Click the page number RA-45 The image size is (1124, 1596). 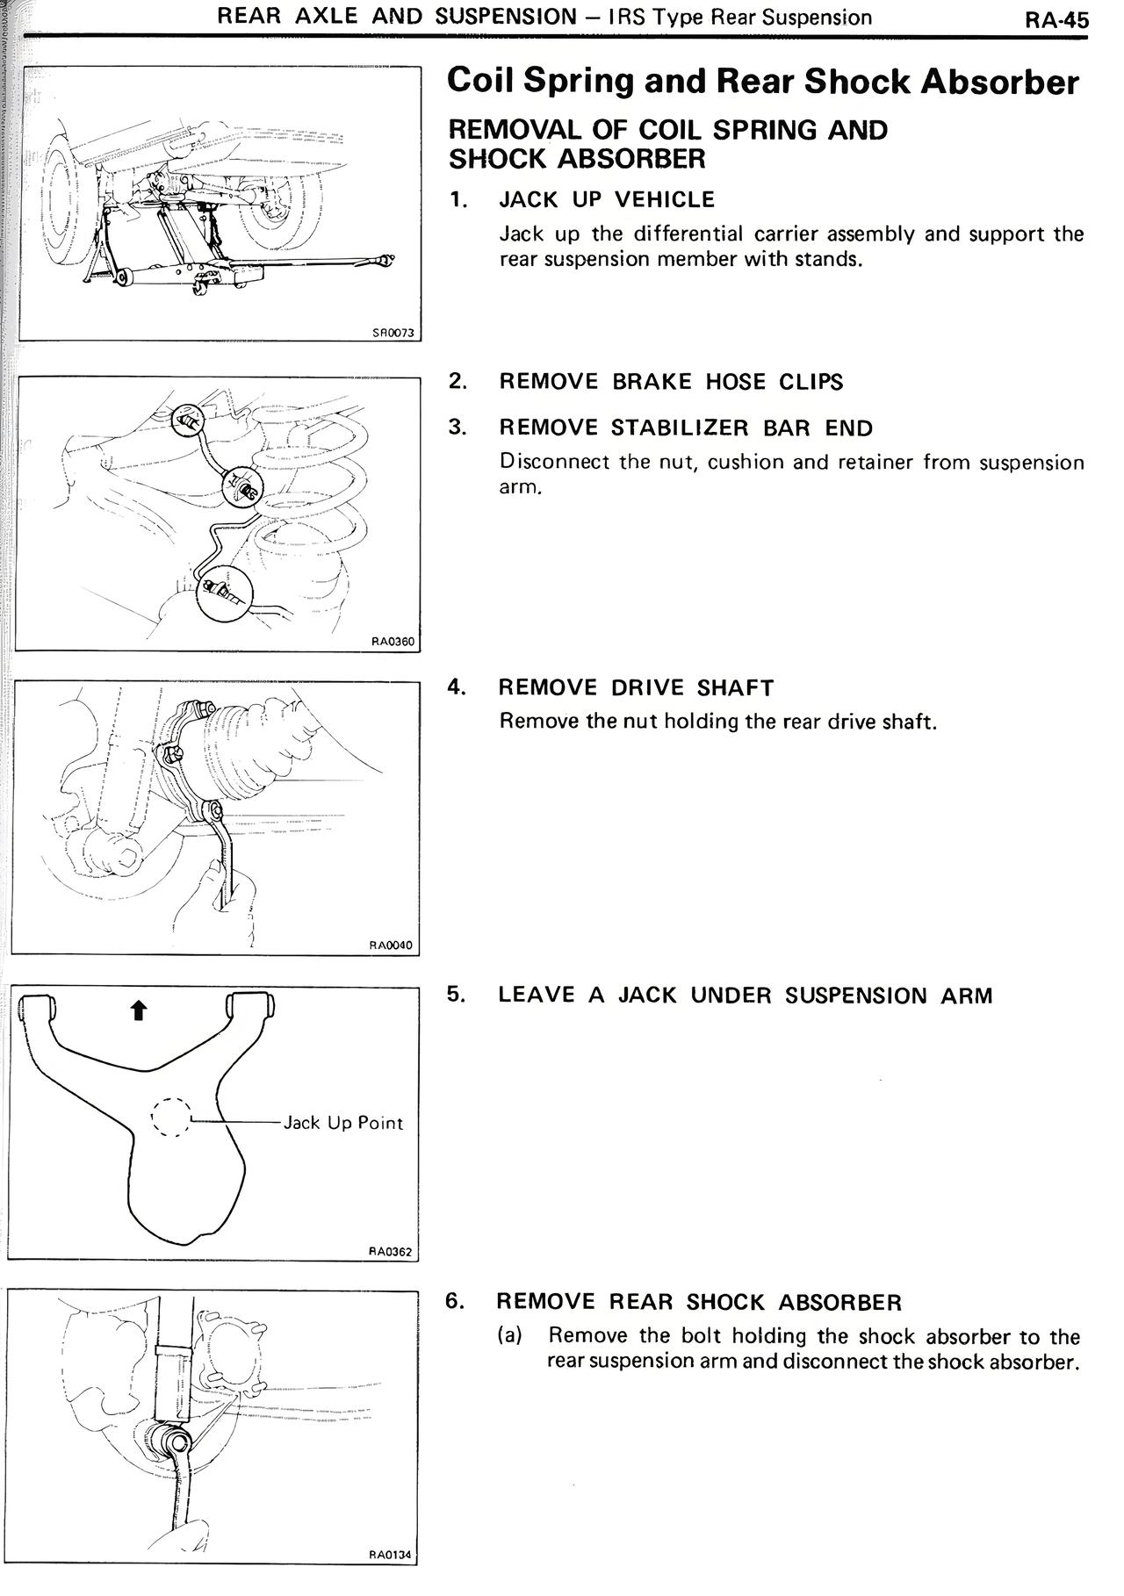(1056, 19)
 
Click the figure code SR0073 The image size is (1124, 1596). (392, 333)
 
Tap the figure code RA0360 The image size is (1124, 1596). (392, 642)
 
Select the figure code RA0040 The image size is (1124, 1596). (391, 945)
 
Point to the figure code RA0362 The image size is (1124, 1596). (390, 1252)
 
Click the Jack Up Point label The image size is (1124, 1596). (343, 1123)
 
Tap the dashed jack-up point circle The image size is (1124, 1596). (170, 1118)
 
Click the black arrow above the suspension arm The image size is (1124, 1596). (137, 1011)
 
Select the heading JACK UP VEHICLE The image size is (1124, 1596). (607, 200)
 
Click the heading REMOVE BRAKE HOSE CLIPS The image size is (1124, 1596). (671, 382)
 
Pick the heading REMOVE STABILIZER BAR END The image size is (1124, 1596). (686, 428)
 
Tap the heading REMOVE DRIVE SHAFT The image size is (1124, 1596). (636, 687)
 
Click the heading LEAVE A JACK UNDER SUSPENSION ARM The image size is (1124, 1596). (745, 996)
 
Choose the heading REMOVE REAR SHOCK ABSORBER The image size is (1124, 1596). (699, 1302)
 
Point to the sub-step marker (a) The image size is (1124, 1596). (510, 1336)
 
